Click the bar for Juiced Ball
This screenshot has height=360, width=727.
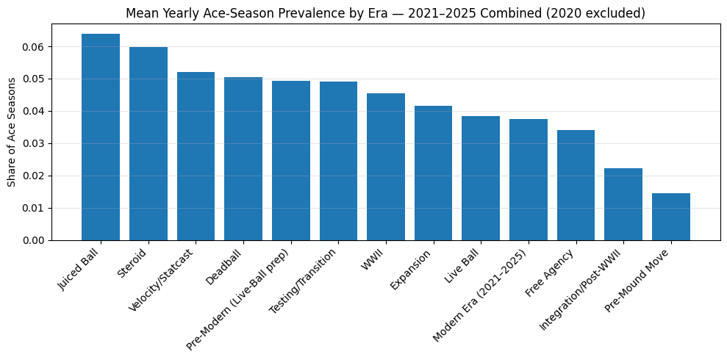click(101, 137)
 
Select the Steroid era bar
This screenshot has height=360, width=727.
click(148, 144)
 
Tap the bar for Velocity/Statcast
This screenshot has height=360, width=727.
click(196, 156)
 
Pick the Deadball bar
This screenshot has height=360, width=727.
click(243, 159)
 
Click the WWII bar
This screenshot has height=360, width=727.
click(386, 167)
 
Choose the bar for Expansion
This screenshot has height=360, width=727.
click(433, 173)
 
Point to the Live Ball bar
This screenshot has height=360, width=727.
click(481, 179)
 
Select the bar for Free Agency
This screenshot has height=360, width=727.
click(576, 185)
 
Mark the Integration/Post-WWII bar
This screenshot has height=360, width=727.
click(623, 204)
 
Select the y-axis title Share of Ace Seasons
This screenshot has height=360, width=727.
click(12, 132)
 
